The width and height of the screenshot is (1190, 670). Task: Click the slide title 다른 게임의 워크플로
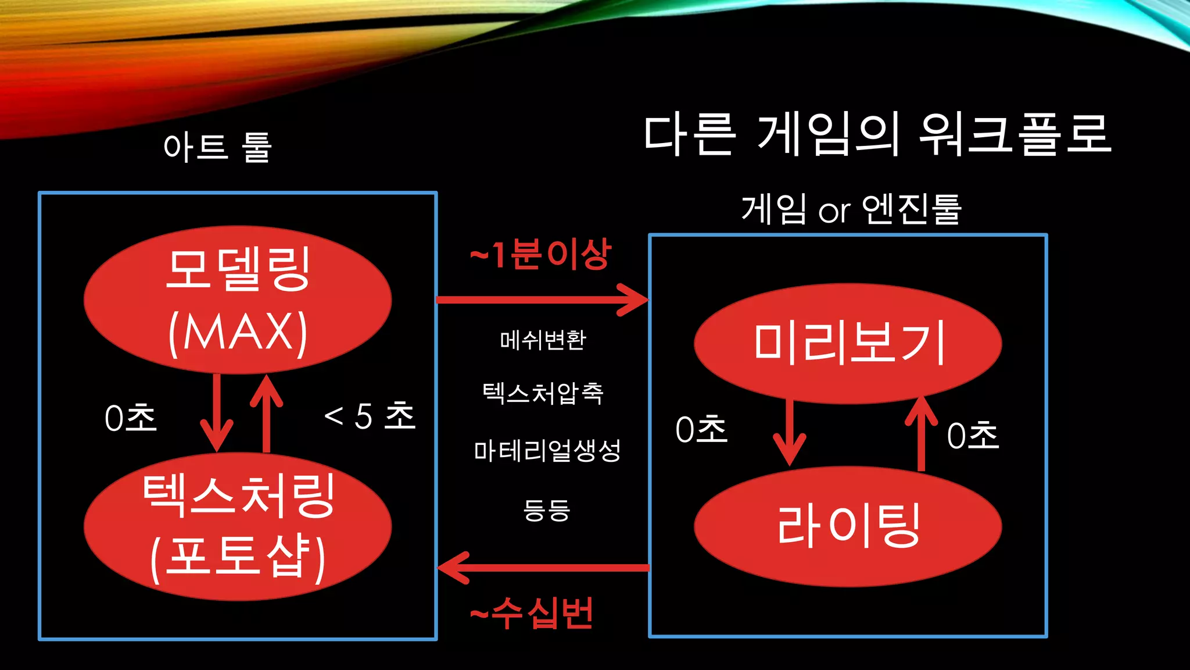877,135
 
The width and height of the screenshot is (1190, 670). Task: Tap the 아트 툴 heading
218,147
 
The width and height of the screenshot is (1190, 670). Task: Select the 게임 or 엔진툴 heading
851,209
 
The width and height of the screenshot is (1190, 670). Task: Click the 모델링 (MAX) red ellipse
238,300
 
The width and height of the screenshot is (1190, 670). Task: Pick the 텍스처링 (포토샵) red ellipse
238,526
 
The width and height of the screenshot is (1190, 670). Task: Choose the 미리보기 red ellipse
848,343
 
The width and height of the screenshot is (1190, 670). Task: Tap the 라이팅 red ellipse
848,526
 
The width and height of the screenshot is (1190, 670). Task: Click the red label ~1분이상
540,255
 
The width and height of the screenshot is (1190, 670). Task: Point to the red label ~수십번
532,613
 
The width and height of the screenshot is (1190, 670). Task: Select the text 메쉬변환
543,340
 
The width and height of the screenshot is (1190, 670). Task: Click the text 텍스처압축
543,394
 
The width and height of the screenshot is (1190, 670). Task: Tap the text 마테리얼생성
547,451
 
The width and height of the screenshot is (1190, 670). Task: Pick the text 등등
547,510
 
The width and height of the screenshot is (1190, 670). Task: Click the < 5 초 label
370,416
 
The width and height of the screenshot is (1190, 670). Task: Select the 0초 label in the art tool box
131,418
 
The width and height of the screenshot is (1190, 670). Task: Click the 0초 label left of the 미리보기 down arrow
701,430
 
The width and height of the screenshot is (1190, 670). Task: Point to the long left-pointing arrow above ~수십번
543,567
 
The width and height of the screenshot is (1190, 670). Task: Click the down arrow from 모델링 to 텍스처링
217,413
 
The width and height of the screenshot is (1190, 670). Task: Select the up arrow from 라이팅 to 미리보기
921,433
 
